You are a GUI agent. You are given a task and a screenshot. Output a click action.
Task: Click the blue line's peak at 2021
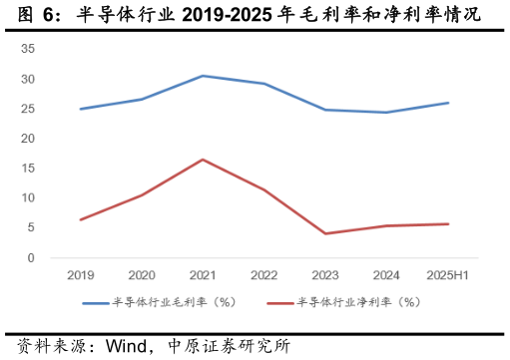202,76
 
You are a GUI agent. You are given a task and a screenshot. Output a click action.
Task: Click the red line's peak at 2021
202,160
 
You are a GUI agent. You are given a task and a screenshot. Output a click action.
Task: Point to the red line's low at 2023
325,233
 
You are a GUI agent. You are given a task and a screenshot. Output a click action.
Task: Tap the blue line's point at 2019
80,109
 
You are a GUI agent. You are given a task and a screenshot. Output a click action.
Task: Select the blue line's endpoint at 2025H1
448,103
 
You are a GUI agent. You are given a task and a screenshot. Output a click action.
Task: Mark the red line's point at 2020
141,194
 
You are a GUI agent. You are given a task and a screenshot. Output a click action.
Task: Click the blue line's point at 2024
387,112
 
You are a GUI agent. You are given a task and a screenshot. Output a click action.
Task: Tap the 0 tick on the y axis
31,258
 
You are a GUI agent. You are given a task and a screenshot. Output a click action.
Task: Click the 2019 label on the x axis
80,274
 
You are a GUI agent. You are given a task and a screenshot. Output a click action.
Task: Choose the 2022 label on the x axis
263,274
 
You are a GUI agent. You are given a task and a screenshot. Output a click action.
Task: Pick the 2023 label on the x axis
325,274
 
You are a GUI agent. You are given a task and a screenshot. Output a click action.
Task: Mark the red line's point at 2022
263,189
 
